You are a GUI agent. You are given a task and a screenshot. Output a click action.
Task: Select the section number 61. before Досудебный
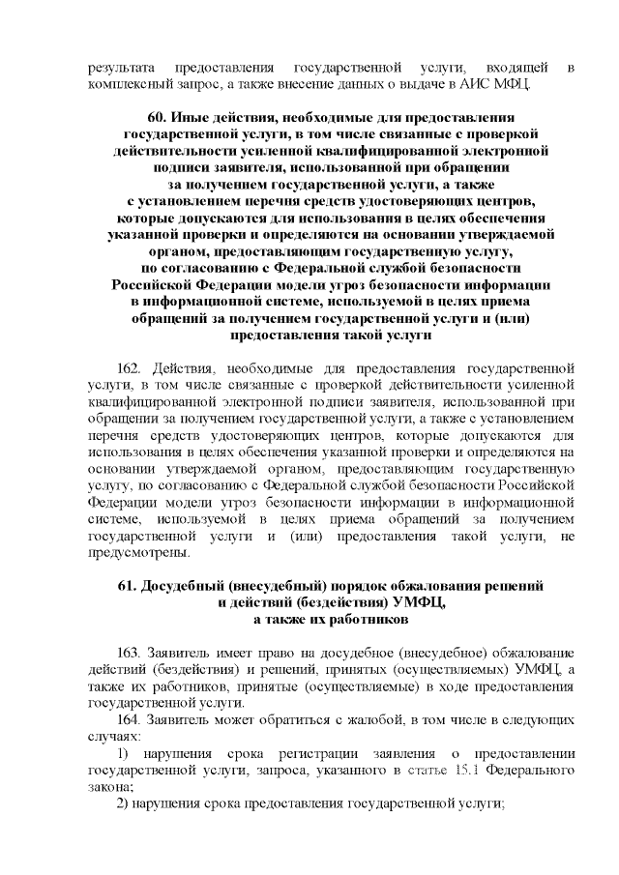pos(129,586)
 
